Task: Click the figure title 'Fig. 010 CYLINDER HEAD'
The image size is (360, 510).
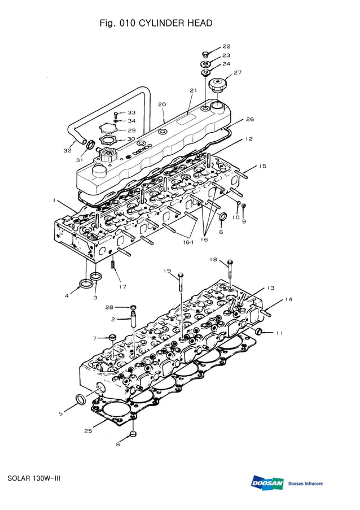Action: point(156,23)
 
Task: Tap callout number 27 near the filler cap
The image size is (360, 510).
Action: point(237,72)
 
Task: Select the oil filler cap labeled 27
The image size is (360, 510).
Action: point(217,87)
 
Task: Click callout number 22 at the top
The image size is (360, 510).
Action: point(226,46)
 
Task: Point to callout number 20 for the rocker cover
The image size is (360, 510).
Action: point(161,104)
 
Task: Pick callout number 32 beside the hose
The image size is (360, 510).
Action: point(67,150)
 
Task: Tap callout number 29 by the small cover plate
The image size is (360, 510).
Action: point(131,130)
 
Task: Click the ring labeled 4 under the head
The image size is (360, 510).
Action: point(86,282)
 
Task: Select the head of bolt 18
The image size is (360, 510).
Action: point(230,263)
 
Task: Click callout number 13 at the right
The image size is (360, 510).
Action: point(271,288)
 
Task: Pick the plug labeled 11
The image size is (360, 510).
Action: point(260,331)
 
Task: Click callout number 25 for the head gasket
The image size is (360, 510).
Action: point(88,431)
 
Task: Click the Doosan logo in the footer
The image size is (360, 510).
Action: point(267,483)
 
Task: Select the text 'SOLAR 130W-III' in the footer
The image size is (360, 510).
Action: point(34,478)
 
